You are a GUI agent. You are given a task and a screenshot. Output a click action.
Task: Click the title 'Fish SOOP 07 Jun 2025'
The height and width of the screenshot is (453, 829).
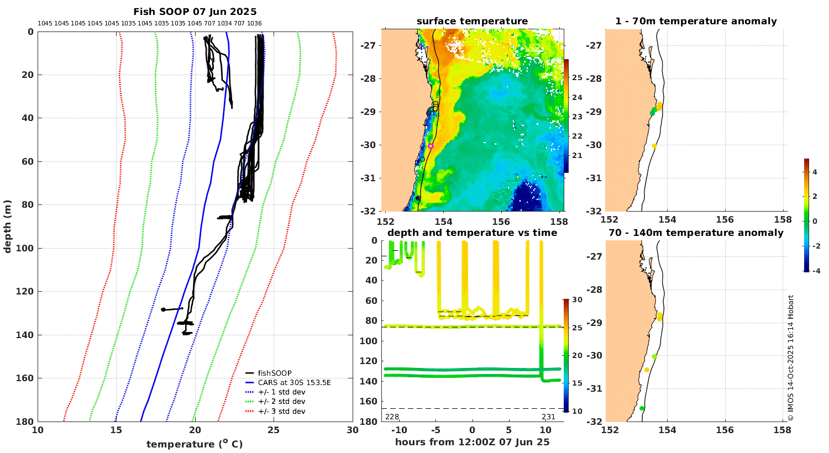pos(195,12)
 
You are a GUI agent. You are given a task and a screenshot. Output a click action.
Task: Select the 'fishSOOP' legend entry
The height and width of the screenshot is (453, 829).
pos(275,373)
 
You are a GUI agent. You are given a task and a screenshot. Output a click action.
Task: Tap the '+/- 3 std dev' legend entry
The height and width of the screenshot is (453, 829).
pos(281,412)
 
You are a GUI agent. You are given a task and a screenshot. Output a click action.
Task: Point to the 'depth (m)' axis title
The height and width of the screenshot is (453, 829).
pos(7,227)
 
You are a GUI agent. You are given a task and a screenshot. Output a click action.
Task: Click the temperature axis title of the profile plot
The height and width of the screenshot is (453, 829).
pos(195,444)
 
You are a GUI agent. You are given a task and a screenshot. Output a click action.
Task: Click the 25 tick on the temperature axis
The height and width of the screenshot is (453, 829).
pos(274,431)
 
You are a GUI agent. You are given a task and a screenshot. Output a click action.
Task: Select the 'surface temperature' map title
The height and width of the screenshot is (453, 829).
pos(472,22)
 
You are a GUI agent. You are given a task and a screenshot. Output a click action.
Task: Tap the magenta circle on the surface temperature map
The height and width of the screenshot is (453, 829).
pos(431,146)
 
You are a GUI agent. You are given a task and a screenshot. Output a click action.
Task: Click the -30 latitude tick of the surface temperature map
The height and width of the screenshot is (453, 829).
pos(368,145)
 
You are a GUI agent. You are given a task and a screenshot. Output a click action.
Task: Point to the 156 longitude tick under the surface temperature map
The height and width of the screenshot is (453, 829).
pos(501,221)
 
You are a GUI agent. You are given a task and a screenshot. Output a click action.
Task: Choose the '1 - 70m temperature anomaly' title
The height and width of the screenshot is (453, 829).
pos(696,22)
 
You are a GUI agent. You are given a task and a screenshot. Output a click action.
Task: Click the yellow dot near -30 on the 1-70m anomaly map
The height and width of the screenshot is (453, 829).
pos(654,146)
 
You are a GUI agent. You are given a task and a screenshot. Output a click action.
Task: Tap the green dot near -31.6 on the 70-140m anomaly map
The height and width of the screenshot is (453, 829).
pos(642,408)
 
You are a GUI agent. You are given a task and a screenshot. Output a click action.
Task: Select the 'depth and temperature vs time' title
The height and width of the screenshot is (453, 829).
pos(472,233)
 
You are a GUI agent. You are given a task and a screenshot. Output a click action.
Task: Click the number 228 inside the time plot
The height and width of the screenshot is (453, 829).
pos(392,417)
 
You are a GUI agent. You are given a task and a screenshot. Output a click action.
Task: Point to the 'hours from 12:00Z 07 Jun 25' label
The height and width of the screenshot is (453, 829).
pos(472,442)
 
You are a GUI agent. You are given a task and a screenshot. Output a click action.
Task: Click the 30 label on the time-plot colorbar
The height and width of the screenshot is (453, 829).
pos(577,300)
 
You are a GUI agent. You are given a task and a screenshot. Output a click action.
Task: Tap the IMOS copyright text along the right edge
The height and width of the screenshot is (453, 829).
pos(791,358)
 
